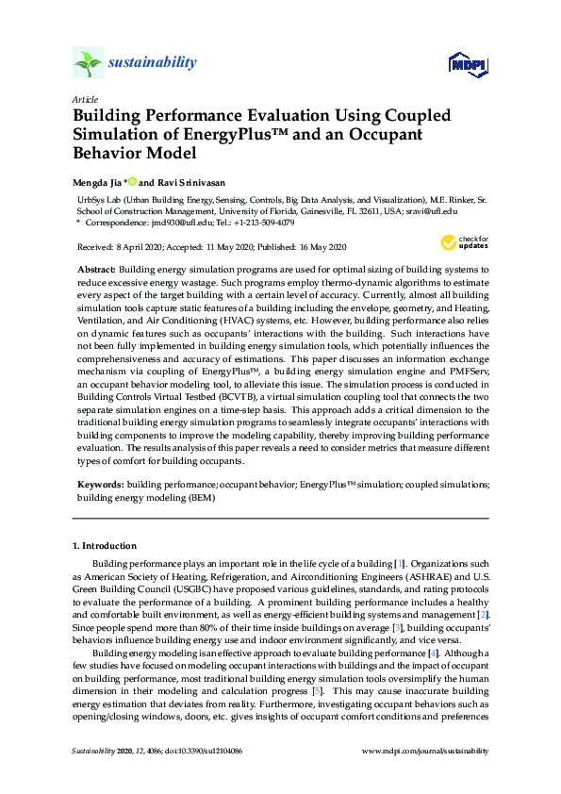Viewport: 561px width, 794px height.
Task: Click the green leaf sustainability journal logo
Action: pyautogui.click(x=88, y=63)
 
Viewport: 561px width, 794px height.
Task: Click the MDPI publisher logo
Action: pyautogui.click(x=467, y=64)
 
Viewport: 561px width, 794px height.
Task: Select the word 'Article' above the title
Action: pyautogui.click(x=84, y=99)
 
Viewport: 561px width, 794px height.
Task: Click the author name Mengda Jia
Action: pyautogui.click(x=97, y=181)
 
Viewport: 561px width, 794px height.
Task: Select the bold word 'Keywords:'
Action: pyautogui.click(x=100, y=484)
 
